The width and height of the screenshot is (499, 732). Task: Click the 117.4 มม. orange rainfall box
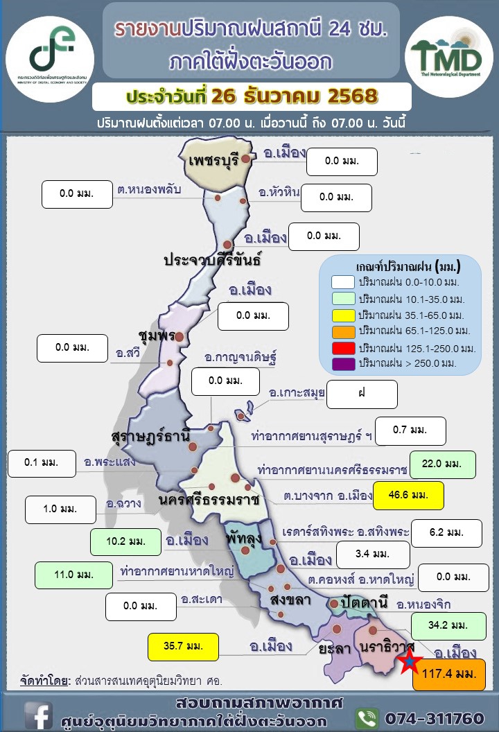pyautogui.click(x=448, y=676)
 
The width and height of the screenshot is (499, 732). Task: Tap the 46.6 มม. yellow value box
pyautogui.click(x=408, y=496)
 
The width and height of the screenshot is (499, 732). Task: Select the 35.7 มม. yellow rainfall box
pyautogui.click(x=183, y=647)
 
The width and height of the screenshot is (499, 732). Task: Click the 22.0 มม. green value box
pyautogui.click(x=442, y=464)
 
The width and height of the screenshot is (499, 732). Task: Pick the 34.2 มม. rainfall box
pyautogui.click(x=448, y=625)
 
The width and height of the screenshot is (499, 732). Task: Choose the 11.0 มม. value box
pyautogui.click(x=73, y=575)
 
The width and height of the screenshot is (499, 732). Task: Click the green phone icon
pyautogui.click(x=367, y=717)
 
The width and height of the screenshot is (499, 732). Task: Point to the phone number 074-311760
pyautogui.click(x=433, y=717)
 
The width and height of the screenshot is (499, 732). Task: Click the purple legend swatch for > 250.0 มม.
pyautogui.click(x=344, y=363)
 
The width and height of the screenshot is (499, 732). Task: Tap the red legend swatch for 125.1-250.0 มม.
pyautogui.click(x=344, y=347)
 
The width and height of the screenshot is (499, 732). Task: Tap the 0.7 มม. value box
pyautogui.click(x=410, y=430)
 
